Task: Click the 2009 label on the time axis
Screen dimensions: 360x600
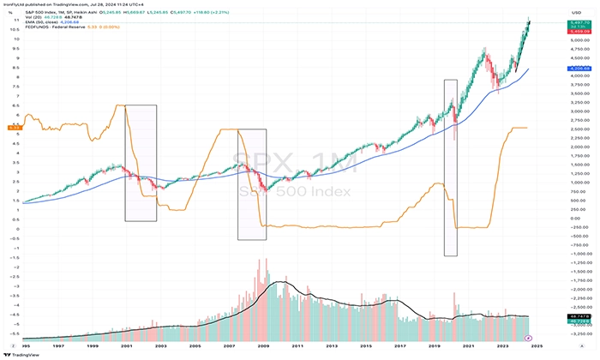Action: [264, 345]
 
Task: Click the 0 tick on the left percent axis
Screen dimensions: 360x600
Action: [15, 229]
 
